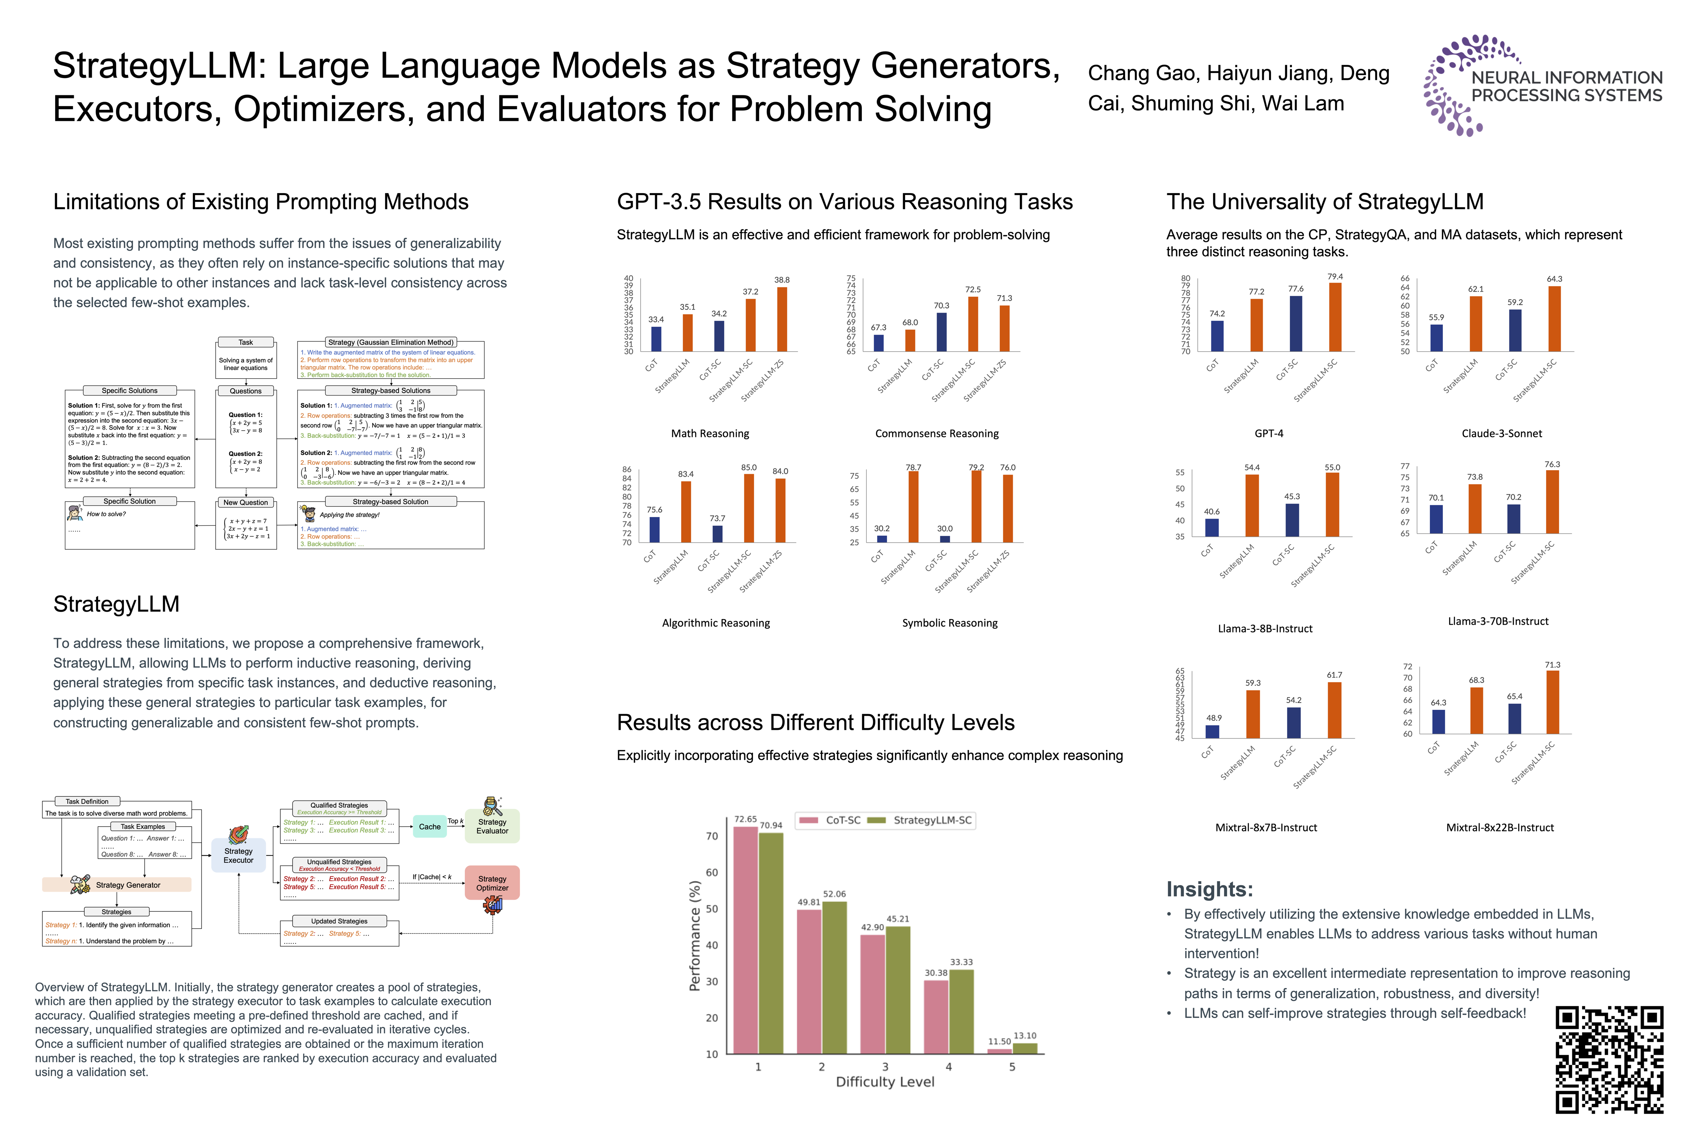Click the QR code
[x=1609, y=1059]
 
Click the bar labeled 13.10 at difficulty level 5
[x=1025, y=1048]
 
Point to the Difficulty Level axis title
[x=885, y=1081]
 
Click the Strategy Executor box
[x=238, y=855]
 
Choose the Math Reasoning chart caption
[x=710, y=434]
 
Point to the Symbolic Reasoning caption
[x=949, y=623]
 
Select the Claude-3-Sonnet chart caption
[x=1501, y=434]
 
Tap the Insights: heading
[x=1209, y=889]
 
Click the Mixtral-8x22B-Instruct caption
[x=1500, y=827]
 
